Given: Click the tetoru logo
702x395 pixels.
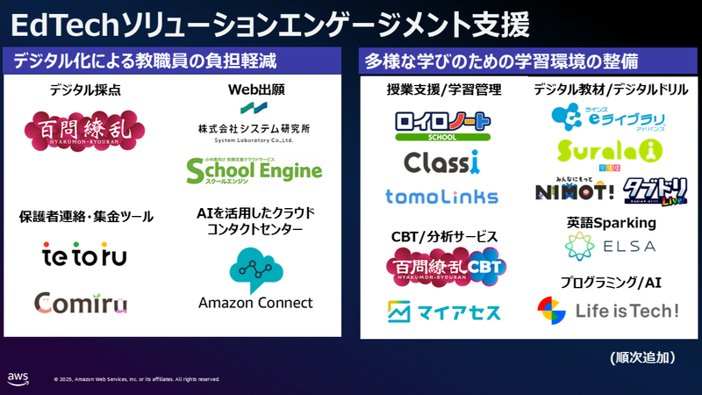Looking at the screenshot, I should (x=84, y=255).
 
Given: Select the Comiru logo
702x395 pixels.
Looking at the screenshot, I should (x=81, y=303).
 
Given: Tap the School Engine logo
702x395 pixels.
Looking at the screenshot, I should (x=254, y=170).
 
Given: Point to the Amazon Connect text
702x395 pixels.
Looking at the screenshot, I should (x=255, y=303).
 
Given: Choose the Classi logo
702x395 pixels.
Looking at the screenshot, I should (x=441, y=162).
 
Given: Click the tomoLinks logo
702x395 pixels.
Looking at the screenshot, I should (x=441, y=197).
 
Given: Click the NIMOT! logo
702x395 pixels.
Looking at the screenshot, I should (x=573, y=188).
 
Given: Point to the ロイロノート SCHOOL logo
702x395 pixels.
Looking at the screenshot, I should (x=441, y=123).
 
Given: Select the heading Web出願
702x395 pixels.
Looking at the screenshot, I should (x=256, y=90).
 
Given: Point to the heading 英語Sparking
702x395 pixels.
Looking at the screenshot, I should (x=612, y=223).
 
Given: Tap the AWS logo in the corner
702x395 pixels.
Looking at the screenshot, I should (x=18, y=377).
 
